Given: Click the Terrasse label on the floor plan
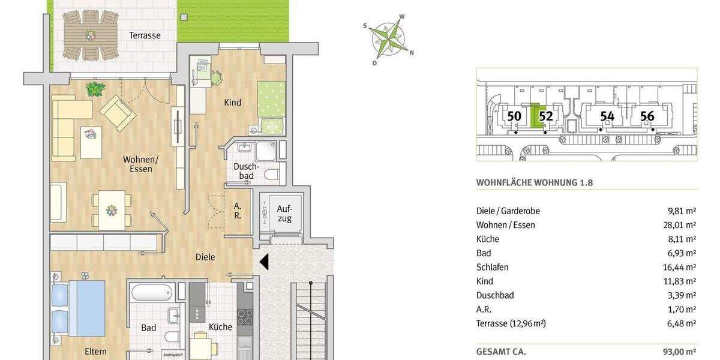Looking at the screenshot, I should pyautogui.click(x=145, y=35).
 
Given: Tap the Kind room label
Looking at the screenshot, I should pyautogui.click(x=233, y=103).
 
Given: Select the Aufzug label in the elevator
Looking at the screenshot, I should pyautogui.click(x=284, y=214).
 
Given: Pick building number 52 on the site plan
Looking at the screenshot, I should pyautogui.click(x=545, y=116).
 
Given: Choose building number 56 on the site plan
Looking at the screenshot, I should pyautogui.click(x=647, y=116).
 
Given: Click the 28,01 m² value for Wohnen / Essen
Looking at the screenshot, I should pyautogui.click(x=683, y=225).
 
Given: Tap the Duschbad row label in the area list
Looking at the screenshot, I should pyautogui.click(x=495, y=295).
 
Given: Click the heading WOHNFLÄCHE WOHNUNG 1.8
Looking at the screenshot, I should pyautogui.click(x=535, y=182).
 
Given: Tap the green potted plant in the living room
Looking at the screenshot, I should pyautogui.click(x=95, y=89).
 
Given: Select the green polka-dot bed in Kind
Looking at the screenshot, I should pyautogui.click(x=271, y=100).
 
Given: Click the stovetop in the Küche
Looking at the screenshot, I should pyautogui.click(x=245, y=316).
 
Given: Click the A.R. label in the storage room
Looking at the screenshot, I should pyautogui.click(x=238, y=210).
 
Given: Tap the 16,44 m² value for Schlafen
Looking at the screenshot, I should pyautogui.click(x=683, y=267).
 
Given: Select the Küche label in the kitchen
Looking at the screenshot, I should pyautogui.click(x=220, y=327).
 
